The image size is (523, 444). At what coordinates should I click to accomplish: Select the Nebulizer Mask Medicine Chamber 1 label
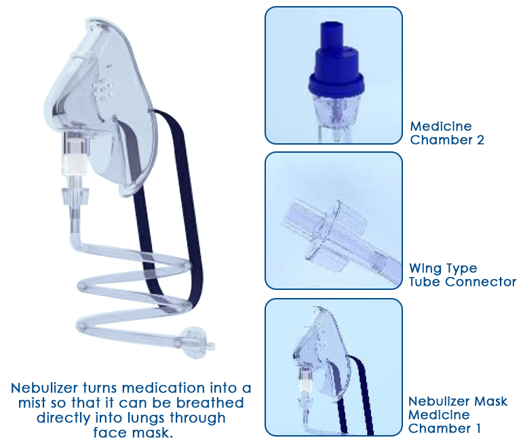(457, 415)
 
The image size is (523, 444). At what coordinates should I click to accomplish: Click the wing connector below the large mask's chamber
(77, 198)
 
